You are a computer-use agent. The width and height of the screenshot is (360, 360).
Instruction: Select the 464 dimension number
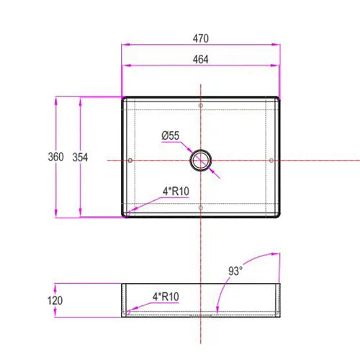click(x=201, y=60)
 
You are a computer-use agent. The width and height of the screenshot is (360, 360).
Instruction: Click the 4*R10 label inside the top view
click(x=175, y=192)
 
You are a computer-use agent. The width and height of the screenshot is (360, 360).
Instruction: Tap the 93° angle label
click(x=235, y=271)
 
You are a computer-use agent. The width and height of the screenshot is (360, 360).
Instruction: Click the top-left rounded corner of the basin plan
click(x=124, y=99)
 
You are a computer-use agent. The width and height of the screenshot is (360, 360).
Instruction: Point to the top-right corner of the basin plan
click(x=278, y=99)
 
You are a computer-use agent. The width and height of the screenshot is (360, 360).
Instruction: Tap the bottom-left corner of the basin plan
click(x=124, y=215)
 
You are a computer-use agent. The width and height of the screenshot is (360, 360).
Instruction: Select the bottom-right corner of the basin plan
click(x=278, y=215)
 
